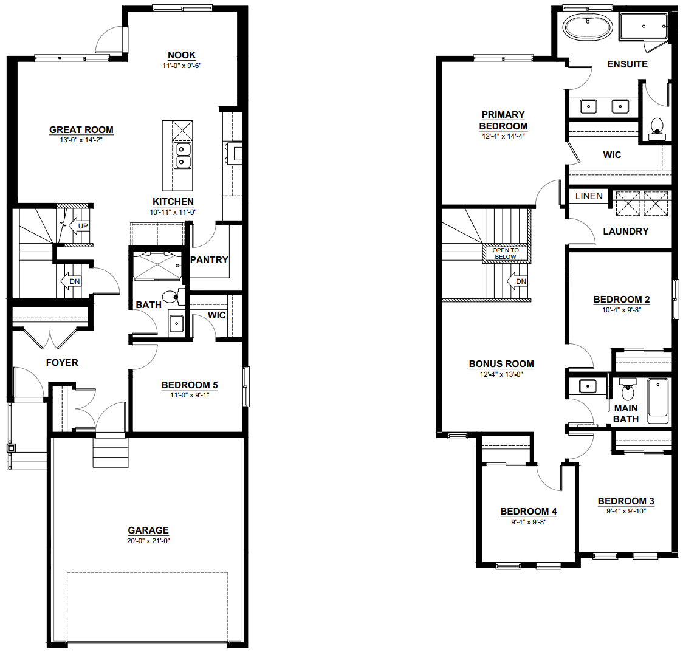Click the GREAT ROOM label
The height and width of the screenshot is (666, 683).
81,130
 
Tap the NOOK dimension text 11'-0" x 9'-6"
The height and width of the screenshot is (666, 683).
182,66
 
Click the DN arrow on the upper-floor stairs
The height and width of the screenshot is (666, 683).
517,281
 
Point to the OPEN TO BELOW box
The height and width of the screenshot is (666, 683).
506,253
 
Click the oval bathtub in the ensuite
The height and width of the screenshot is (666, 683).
588,27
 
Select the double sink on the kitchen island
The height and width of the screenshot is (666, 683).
182,156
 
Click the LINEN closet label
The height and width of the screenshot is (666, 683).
589,196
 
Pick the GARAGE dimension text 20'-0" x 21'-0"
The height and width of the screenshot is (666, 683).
148,541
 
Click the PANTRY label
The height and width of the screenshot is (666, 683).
209,259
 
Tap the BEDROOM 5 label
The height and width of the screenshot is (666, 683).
190,385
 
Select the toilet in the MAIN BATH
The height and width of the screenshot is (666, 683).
628,390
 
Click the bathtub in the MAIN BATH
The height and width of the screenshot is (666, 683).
657,400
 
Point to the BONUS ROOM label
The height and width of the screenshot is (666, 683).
501,364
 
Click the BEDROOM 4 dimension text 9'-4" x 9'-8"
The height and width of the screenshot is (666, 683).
529,522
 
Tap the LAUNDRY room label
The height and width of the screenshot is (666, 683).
625,232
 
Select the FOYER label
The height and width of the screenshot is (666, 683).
62,362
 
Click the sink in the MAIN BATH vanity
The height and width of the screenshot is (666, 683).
588,386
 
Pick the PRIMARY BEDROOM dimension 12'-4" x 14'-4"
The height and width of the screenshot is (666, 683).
503,136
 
